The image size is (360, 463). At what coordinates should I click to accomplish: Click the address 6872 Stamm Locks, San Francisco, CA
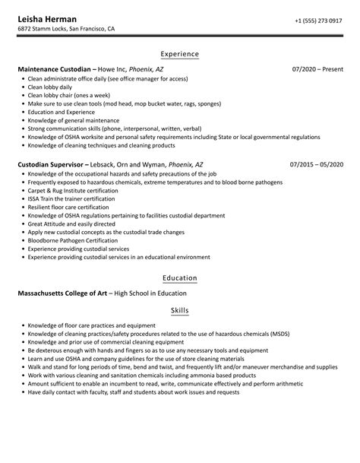click(67, 30)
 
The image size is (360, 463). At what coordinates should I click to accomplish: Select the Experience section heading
click(180, 54)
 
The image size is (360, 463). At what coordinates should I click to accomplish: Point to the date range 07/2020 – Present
click(317, 69)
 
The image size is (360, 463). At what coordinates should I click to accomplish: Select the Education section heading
click(180, 277)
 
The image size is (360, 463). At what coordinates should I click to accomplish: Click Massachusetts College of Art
click(62, 293)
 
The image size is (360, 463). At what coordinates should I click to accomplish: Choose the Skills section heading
click(180, 311)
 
